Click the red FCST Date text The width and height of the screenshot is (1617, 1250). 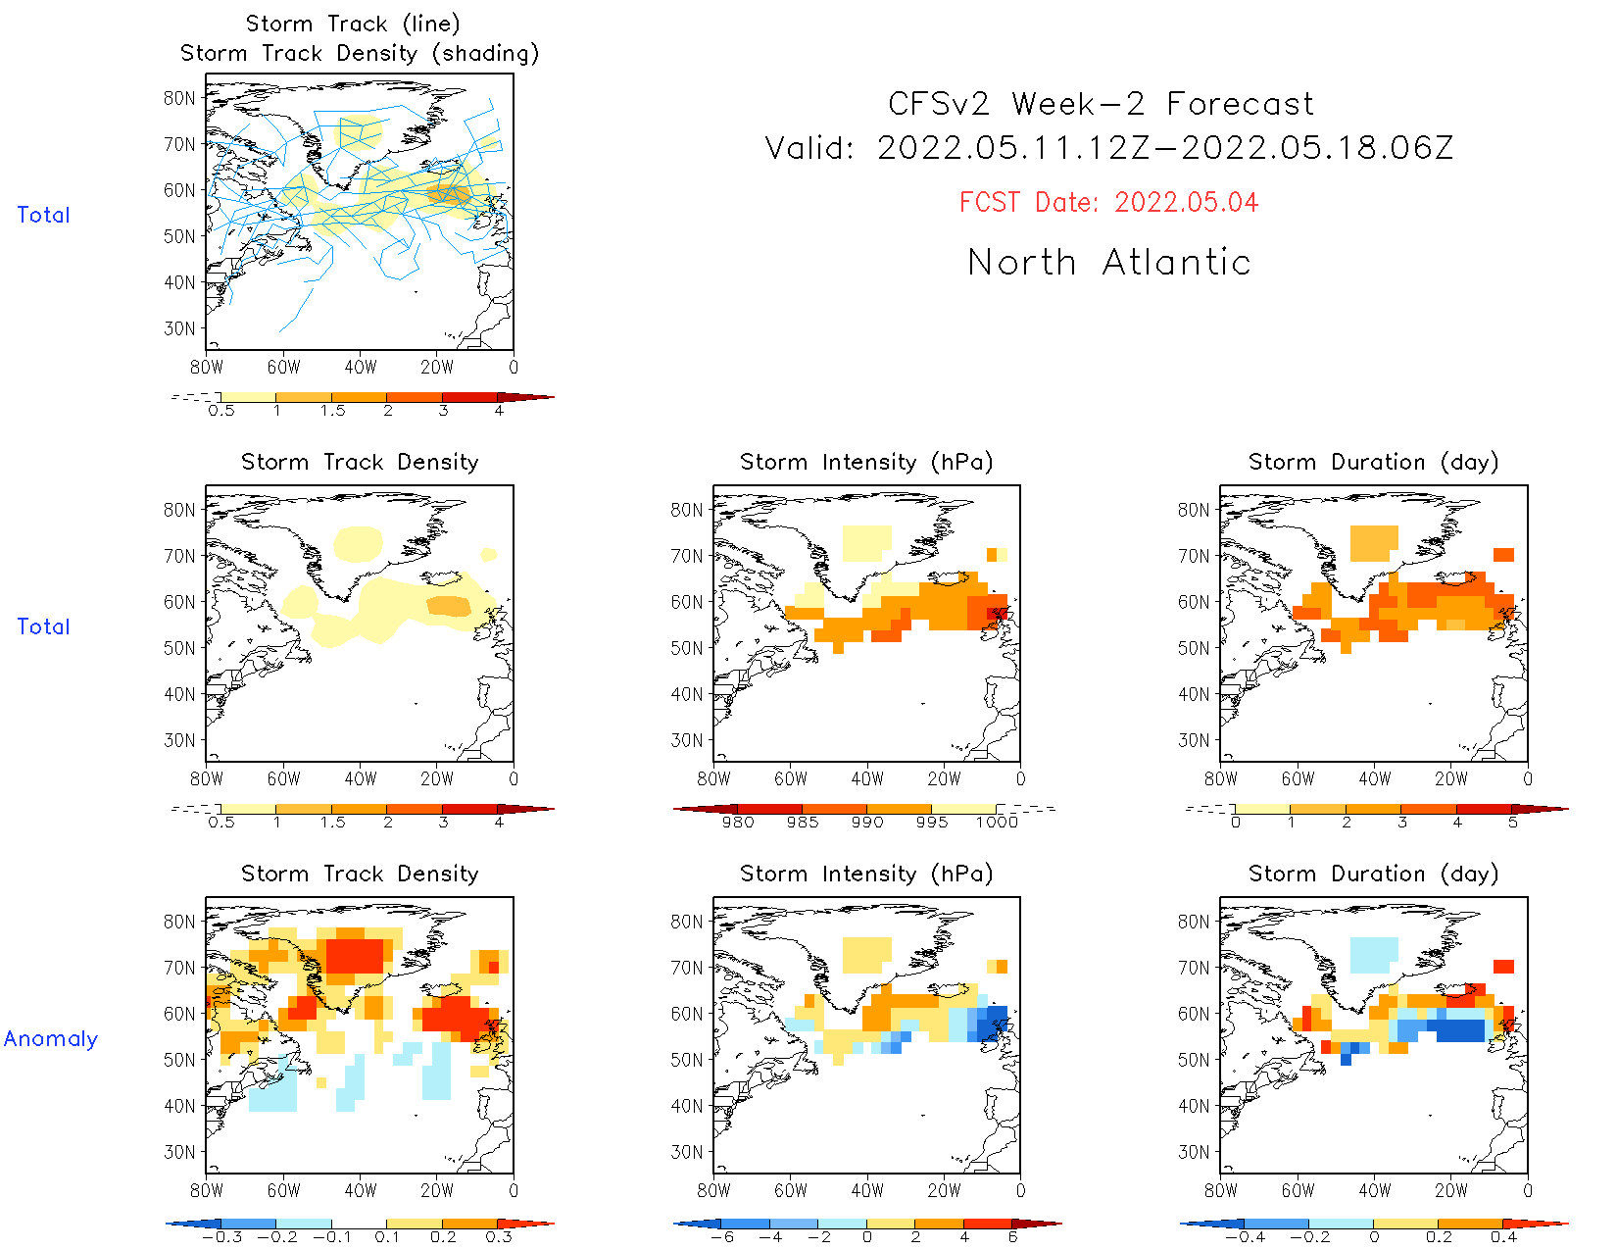coord(1108,203)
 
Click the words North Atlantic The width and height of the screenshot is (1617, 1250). coord(1108,263)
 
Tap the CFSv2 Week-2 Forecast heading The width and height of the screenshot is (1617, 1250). coord(1101,104)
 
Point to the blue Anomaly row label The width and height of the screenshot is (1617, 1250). coord(51,1039)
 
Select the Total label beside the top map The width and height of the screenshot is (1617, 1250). coord(43,216)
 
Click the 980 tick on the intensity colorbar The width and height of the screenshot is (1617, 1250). coord(737,823)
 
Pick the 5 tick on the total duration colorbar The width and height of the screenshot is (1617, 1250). coord(1512,823)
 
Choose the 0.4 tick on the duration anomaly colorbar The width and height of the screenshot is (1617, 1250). coord(1503,1237)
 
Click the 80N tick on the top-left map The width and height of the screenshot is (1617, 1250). coord(179,98)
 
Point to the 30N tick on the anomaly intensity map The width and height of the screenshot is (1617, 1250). coord(686,1152)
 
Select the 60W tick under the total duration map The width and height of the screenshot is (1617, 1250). coord(1298,779)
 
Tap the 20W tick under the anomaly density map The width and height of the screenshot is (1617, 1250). coord(437,1191)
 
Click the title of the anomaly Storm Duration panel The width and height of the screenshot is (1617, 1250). coord(1373,875)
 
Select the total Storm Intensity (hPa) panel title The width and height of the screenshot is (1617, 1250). coord(866,463)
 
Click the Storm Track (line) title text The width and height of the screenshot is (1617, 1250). coord(353,24)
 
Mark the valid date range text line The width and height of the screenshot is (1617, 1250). coord(1108,149)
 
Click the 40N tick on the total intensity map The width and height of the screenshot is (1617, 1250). coord(686,694)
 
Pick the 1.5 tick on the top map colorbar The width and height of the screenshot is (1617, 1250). coord(332,411)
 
